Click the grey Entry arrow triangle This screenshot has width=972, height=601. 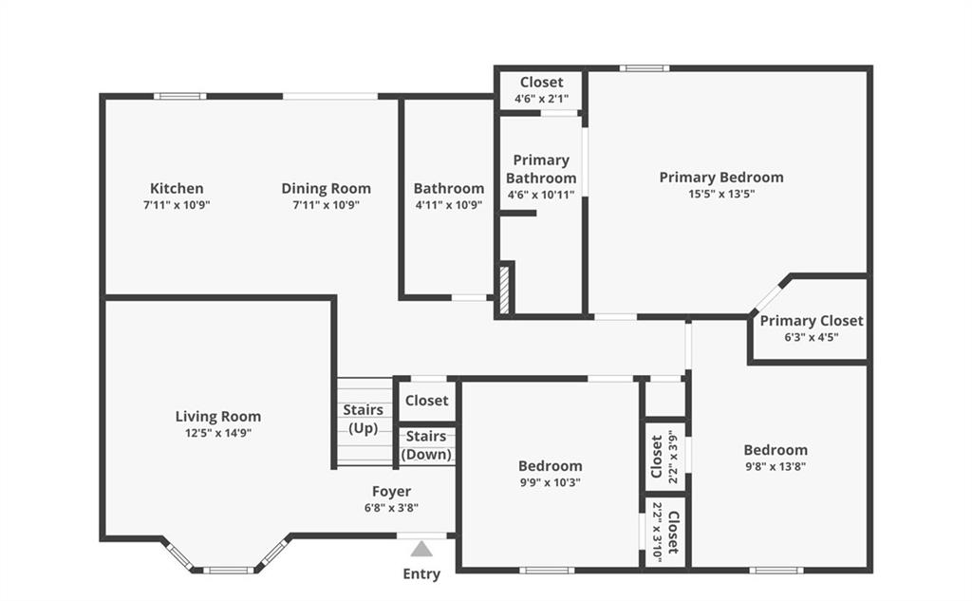pyautogui.click(x=421, y=549)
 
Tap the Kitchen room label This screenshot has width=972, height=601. pyautogui.click(x=177, y=188)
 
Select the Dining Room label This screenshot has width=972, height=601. pyautogui.click(x=327, y=188)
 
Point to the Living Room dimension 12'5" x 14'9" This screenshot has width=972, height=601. pyautogui.click(x=218, y=433)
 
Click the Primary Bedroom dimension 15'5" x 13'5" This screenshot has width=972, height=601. pyautogui.click(x=721, y=194)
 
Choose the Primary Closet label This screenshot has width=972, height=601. pyautogui.click(x=812, y=321)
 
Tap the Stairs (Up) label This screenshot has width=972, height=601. pyautogui.click(x=364, y=419)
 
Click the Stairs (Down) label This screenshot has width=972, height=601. pyautogui.click(x=426, y=445)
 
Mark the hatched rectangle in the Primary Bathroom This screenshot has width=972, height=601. pyautogui.click(x=505, y=289)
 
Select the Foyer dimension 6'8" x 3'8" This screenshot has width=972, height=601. pyautogui.click(x=391, y=508)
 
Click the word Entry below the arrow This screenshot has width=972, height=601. pyautogui.click(x=421, y=574)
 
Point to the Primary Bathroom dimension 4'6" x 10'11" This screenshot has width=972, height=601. pyautogui.click(x=541, y=195)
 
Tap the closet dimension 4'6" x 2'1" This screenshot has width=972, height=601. pyautogui.click(x=541, y=99)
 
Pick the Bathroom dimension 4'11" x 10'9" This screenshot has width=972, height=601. pyautogui.click(x=449, y=205)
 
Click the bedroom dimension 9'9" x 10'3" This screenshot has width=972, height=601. pyautogui.click(x=551, y=482)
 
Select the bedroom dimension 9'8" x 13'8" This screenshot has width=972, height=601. pyautogui.click(x=776, y=466)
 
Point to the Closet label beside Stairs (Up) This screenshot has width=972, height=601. pyautogui.click(x=426, y=401)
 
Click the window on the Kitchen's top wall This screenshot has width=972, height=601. pyautogui.click(x=180, y=96)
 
